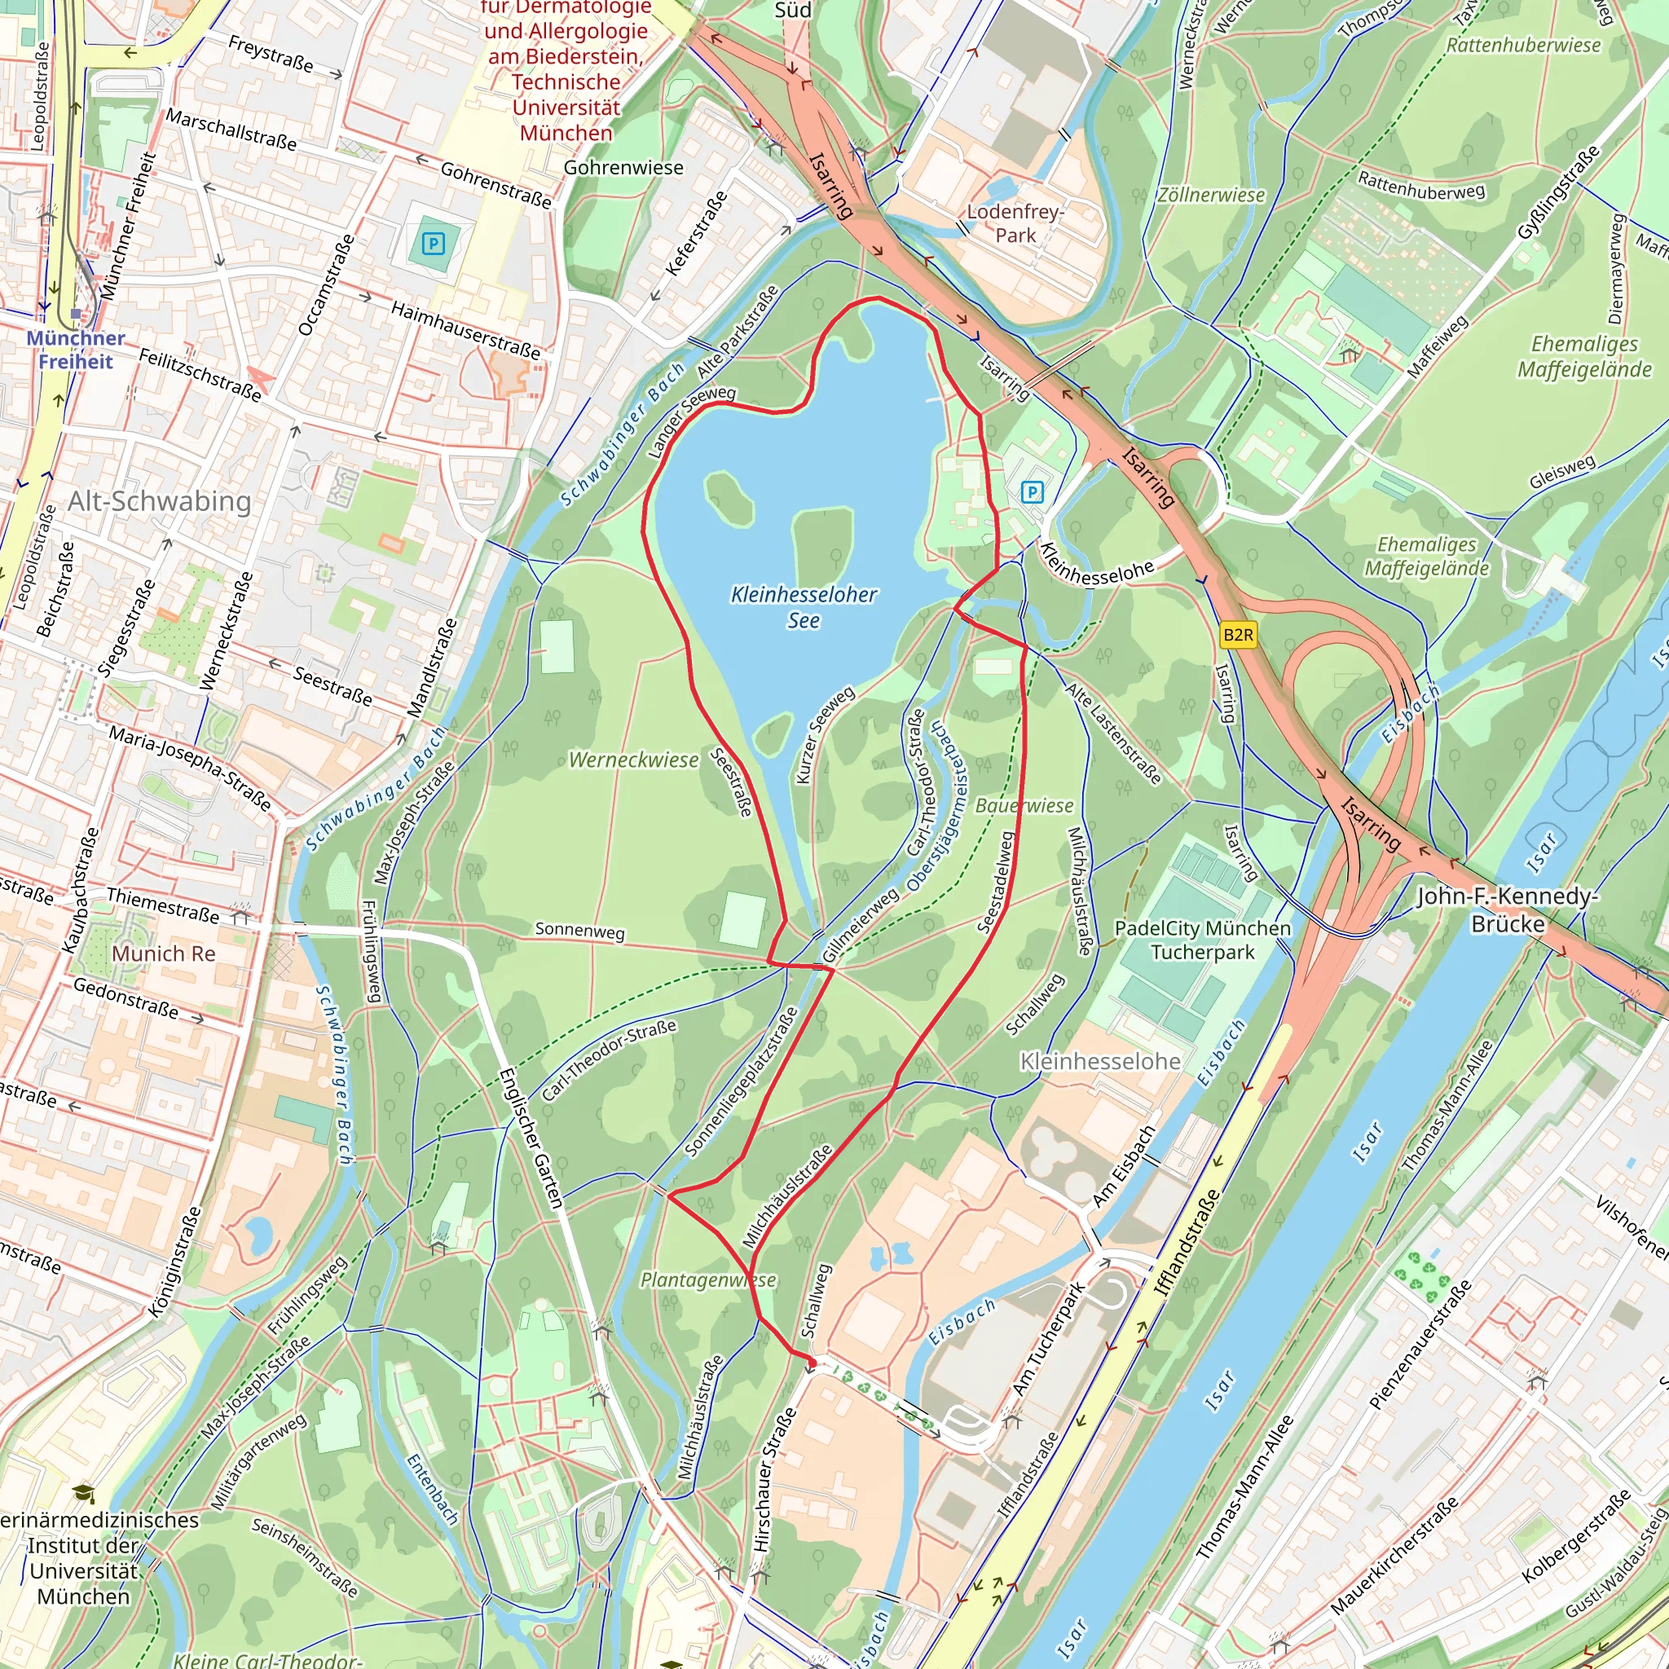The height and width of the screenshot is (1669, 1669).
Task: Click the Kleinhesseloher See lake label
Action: [x=804, y=606]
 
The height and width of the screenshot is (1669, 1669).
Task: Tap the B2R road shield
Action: [x=1238, y=635]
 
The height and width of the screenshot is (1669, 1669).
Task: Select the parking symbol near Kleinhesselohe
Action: [x=1033, y=492]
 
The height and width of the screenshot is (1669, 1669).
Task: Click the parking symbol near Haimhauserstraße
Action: [x=434, y=244]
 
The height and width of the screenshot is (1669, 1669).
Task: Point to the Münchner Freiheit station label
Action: [x=76, y=349]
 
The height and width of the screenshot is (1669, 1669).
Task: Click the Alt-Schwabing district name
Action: [x=160, y=501]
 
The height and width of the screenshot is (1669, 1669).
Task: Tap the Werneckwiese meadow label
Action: [x=633, y=760]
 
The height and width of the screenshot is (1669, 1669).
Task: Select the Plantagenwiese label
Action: [x=707, y=1279]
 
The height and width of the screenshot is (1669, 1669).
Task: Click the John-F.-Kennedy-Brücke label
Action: [x=1508, y=909]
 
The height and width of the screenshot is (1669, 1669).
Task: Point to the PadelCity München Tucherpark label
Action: [x=1203, y=940]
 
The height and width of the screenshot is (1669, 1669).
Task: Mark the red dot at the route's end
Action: [x=811, y=1363]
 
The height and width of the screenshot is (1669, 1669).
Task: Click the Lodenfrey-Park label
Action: [x=1015, y=222]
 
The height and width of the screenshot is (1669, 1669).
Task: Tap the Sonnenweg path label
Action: [x=579, y=931]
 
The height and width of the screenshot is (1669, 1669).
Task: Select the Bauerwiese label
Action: [x=1024, y=805]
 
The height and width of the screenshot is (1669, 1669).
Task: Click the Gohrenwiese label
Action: [x=623, y=168]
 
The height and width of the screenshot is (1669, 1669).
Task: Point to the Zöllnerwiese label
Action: [x=1210, y=196]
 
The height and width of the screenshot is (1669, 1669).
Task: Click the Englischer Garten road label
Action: [x=531, y=1138]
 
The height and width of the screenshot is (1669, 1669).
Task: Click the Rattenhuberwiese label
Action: [x=1523, y=45]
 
